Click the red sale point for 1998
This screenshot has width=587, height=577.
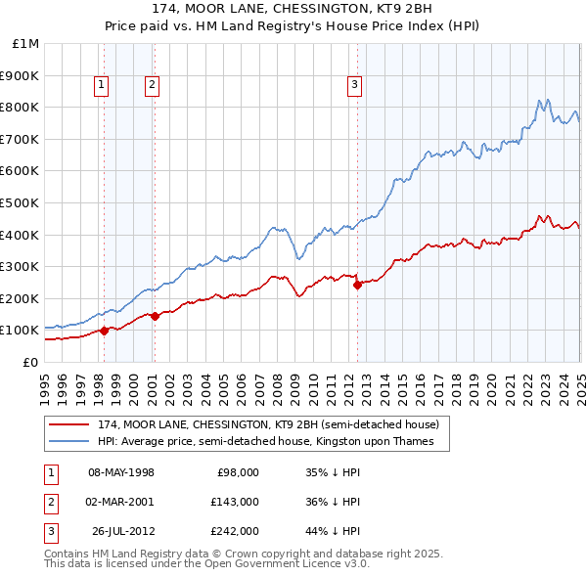(x=105, y=331)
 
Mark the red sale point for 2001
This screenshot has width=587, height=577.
(x=155, y=316)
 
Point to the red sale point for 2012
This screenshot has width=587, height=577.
(x=358, y=285)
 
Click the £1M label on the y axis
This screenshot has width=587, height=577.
(x=26, y=44)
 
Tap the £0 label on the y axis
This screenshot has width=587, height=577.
(x=30, y=362)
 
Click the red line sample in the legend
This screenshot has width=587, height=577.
(x=70, y=425)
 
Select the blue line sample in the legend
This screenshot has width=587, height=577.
(x=70, y=442)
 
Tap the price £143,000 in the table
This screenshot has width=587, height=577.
(x=236, y=502)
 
